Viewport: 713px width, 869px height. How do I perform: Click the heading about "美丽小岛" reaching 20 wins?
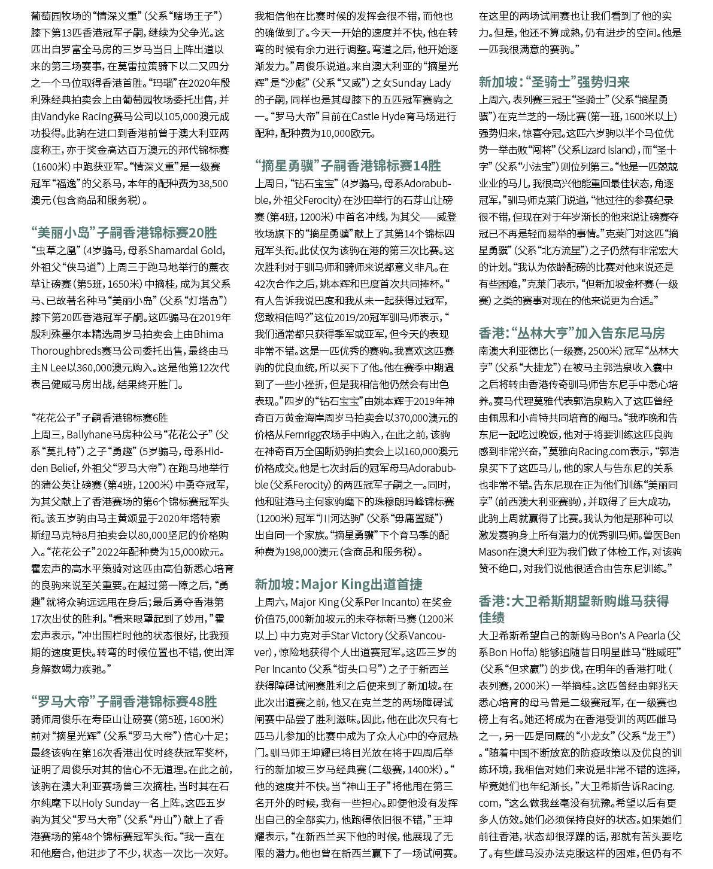click(124, 232)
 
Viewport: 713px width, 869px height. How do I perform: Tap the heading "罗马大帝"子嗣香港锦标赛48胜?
click(124, 701)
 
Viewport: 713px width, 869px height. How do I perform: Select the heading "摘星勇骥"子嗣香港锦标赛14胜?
click(348, 165)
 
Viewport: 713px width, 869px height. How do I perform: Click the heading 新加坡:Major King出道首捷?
click(338, 584)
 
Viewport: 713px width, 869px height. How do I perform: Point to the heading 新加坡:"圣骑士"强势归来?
click(554, 81)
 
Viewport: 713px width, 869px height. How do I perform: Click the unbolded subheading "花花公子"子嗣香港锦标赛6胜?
click(99, 417)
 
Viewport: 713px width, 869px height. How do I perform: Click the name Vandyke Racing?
click(69, 116)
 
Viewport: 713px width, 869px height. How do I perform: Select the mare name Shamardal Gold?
click(186, 250)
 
